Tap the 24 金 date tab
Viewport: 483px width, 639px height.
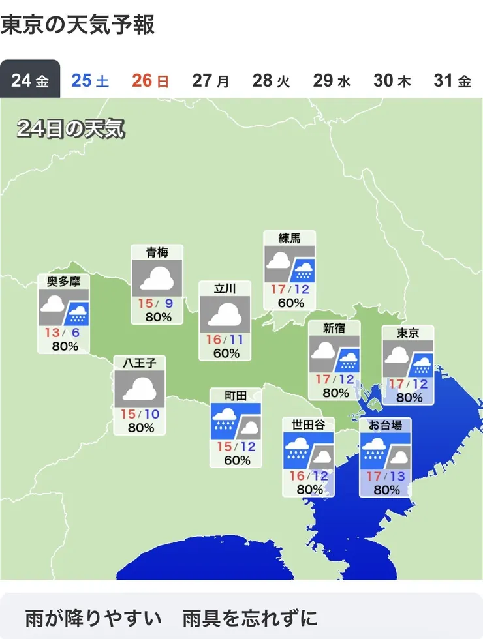click(30, 81)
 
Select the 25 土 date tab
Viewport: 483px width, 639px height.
click(90, 81)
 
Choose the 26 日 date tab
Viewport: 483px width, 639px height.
click(150, 81)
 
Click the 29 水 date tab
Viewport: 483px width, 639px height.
click(332, 81)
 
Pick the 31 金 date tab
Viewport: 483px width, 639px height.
click(452, 81)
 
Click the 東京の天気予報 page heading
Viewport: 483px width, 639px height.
click(78, 25)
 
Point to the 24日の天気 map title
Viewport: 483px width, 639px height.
click(70, 128)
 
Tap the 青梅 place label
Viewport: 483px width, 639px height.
click(157, 252)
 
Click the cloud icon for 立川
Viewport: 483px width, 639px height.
click(225, 314)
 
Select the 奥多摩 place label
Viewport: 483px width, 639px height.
click(63, 282)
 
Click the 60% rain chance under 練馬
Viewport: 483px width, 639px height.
click(290, 303)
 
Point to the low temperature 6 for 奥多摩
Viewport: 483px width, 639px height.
click(76, 333)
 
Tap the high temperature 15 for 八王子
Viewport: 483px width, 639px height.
click(128, 414)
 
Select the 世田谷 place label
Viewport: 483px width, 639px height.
click(308, 425)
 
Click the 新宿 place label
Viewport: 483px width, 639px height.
click(334, 329)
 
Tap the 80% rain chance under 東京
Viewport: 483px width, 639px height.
click(409, 398)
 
